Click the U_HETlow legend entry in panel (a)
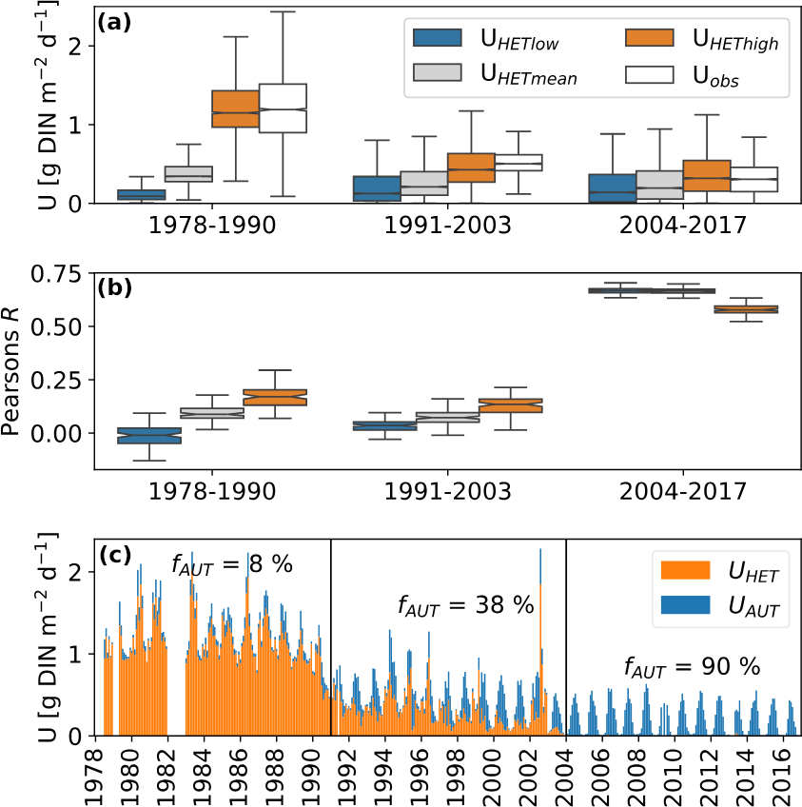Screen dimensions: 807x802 (475, 39)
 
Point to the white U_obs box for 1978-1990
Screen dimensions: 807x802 (284, 108)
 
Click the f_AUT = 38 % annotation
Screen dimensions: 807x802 (465, 605)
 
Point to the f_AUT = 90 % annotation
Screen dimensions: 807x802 (692, 666)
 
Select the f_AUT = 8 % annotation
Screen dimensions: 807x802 (231, 563)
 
